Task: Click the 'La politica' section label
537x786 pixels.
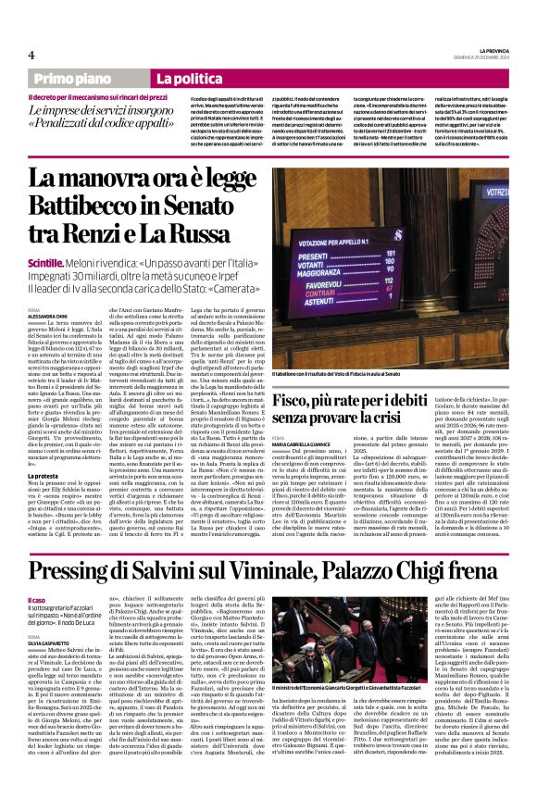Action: [x=188, y=81]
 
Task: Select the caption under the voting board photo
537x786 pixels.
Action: [x=390, y=372]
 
